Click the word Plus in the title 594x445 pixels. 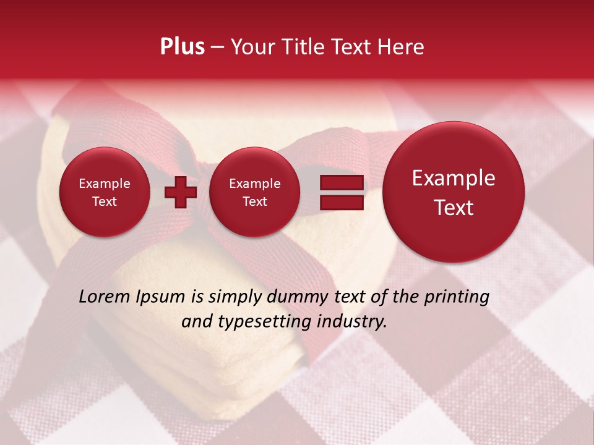182,47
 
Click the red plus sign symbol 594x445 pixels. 181,192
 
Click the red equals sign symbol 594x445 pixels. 341,192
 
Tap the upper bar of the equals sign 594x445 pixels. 341,183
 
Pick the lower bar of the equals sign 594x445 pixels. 341,202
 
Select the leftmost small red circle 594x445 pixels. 104,192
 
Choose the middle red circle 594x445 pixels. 254,192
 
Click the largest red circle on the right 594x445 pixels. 454,192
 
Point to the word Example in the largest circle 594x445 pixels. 454,178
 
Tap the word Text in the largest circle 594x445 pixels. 454,208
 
